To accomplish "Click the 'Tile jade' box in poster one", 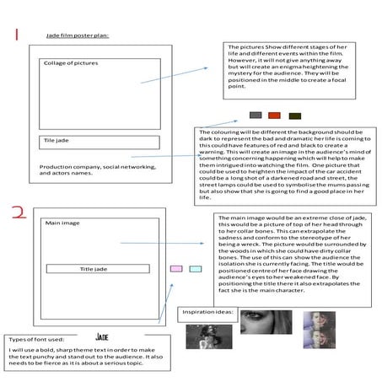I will pyautogui.click(x=100, y=142).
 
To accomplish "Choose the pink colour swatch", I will pyautogui.click(x=176, y=269).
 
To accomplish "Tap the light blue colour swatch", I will pyautogui.click(x=196, y=269).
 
